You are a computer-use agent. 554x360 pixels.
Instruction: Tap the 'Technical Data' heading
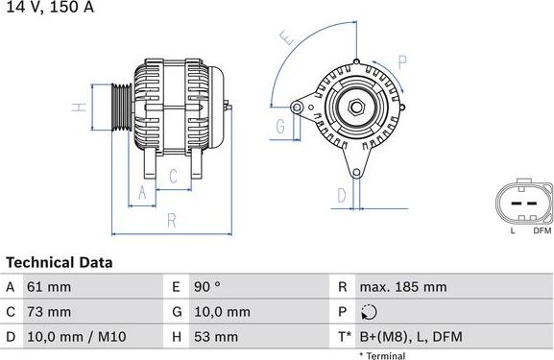[x=60, y=262]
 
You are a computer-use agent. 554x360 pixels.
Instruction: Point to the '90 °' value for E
[x=209, y=287]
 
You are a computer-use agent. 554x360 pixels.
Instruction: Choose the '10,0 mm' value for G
[x=223, y=312]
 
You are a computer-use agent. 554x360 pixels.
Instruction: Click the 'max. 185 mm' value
[x=402, y=287]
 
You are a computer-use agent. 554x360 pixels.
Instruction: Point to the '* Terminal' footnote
[x=382, y=355]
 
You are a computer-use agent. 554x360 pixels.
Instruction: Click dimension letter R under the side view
[x=171, y=220]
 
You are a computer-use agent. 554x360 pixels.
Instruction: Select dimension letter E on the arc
[x=284, y=38]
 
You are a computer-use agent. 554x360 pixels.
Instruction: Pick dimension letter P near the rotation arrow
[x=403, y=60]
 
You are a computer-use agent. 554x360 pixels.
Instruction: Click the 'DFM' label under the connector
[x=542, y=231]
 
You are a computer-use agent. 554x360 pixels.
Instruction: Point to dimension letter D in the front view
[x=341, y=196]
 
